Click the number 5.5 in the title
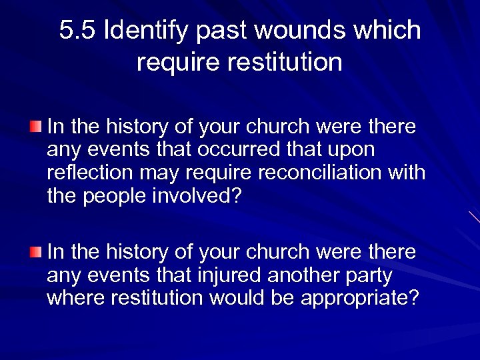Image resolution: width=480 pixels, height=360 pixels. point(78,31)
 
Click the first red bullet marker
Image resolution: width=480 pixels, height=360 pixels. point(35,126)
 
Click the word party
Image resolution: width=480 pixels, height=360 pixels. point(369,275)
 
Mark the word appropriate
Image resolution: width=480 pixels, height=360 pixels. point(360,298)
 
